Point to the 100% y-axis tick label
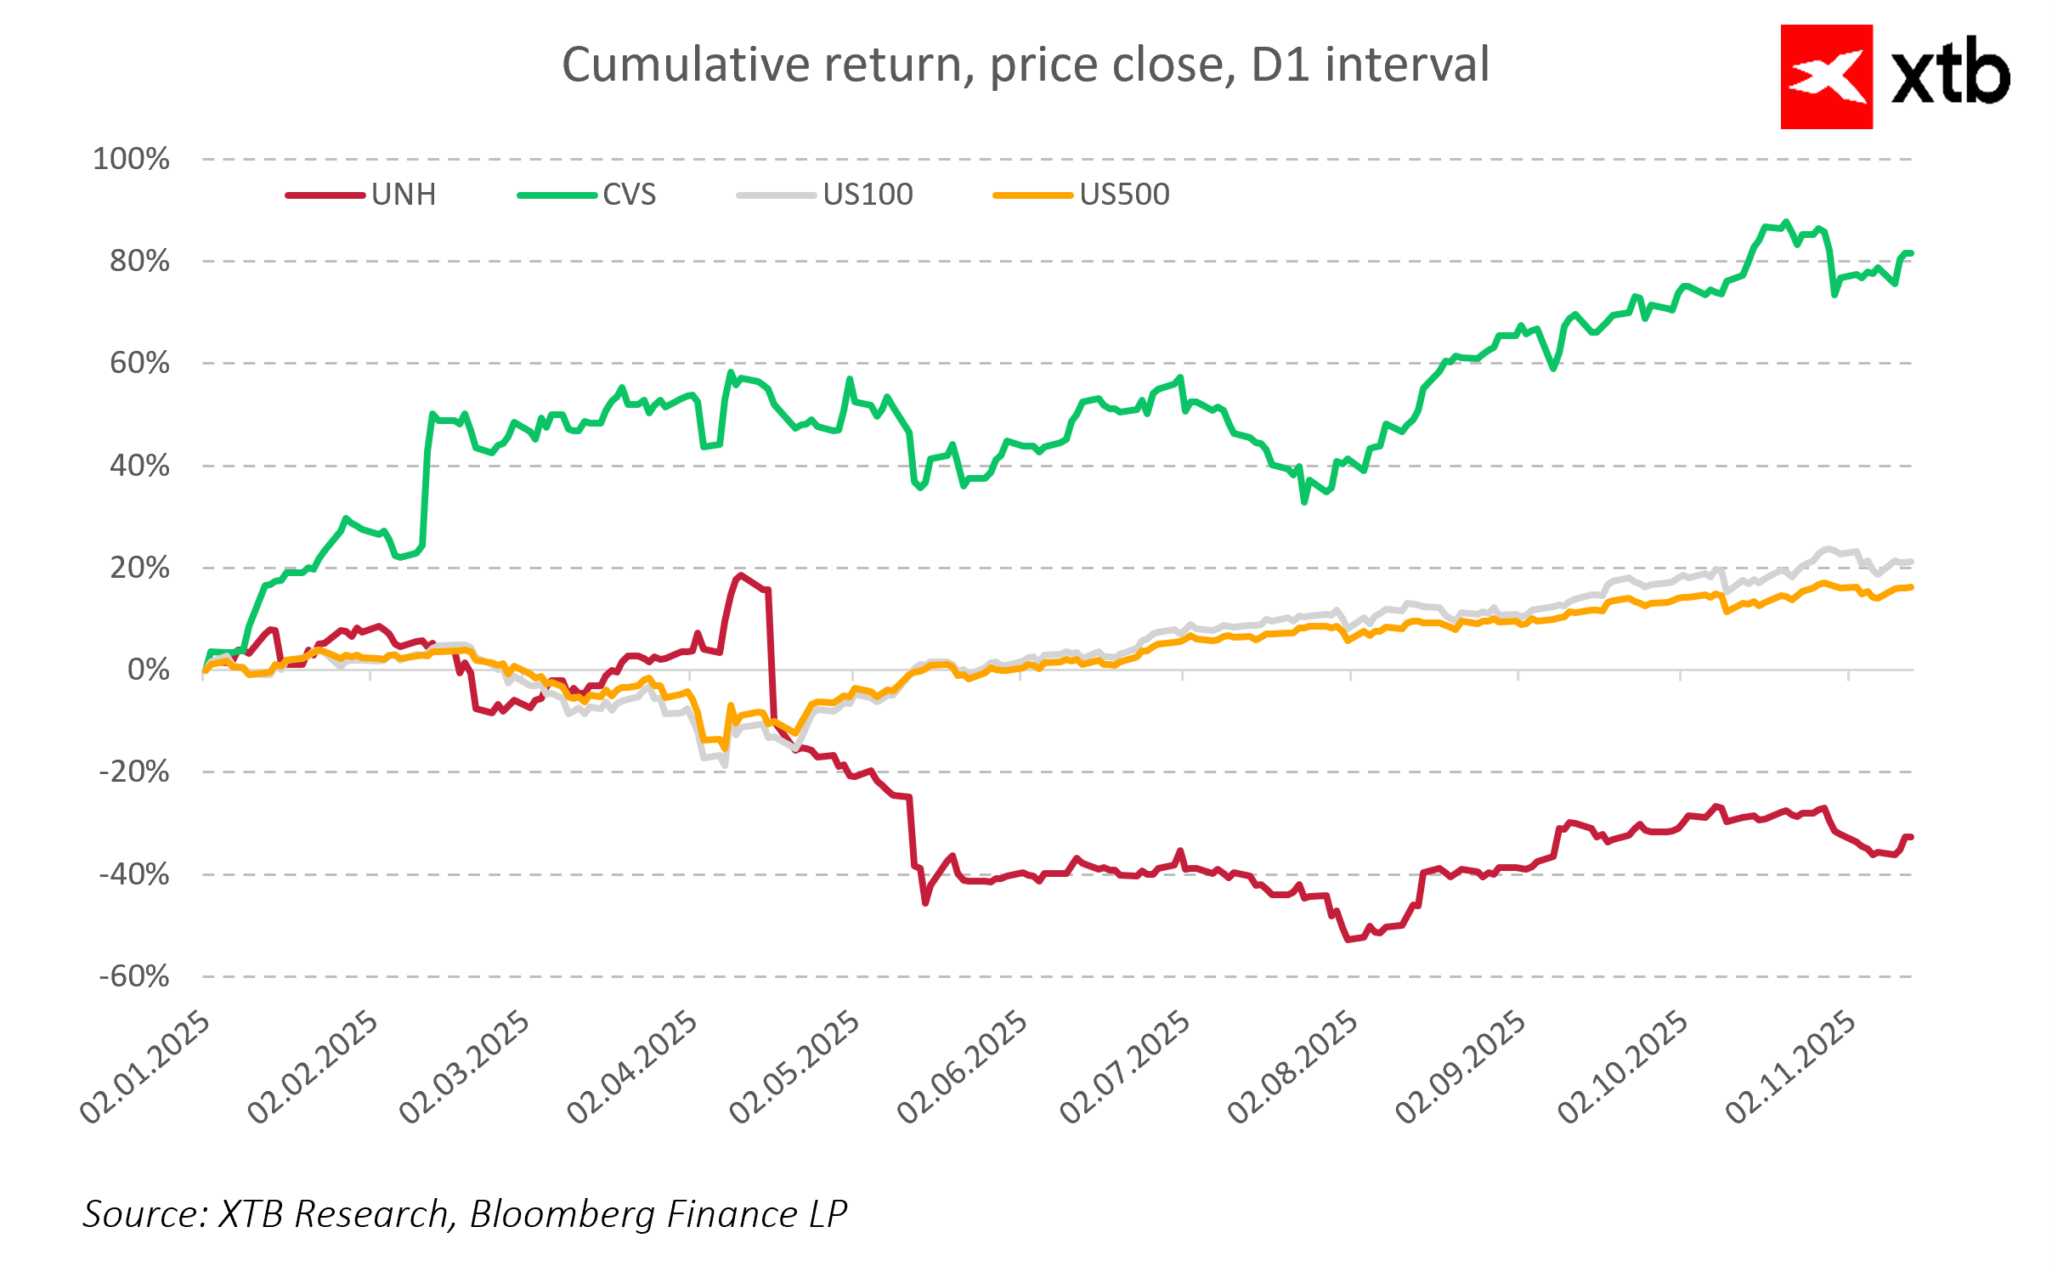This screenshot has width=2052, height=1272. click(131, 159)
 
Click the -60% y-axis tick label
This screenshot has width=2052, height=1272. click(134, 976)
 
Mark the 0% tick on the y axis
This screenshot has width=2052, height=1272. click(149, 670)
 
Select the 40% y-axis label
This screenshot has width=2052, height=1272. click(139, 466)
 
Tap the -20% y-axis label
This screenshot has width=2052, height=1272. click(134, 772)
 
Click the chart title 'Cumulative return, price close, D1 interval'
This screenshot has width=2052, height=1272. click(1026, 65)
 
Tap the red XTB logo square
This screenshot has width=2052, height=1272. click(1826, 77)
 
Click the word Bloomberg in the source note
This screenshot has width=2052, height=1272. click(562, 1213)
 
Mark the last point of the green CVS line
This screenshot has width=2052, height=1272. click(1910, 253)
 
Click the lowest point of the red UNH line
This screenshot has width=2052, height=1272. click(1348, 940)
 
